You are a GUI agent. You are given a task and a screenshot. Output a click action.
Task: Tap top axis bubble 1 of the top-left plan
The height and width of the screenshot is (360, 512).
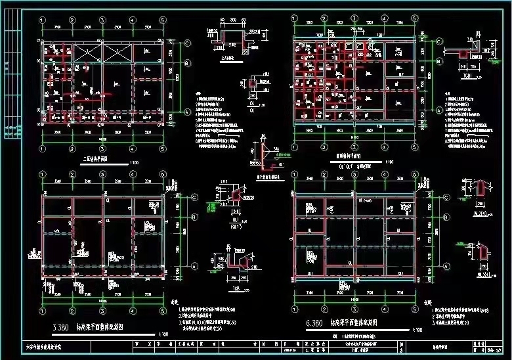click(43, 20)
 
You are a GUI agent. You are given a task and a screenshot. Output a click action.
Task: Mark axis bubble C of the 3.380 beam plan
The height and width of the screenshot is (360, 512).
click(195, 196)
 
